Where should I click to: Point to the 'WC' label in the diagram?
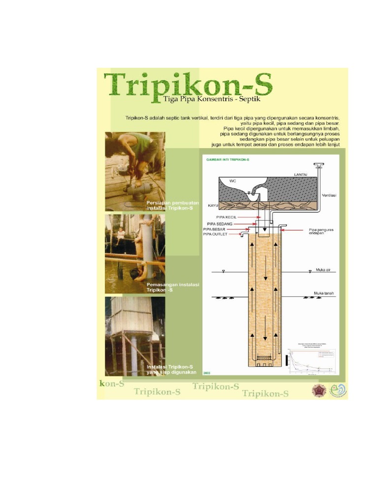232,181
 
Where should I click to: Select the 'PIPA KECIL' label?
226,216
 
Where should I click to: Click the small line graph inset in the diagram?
312,357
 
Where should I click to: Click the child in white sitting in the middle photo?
121,233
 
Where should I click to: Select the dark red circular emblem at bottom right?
319,390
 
